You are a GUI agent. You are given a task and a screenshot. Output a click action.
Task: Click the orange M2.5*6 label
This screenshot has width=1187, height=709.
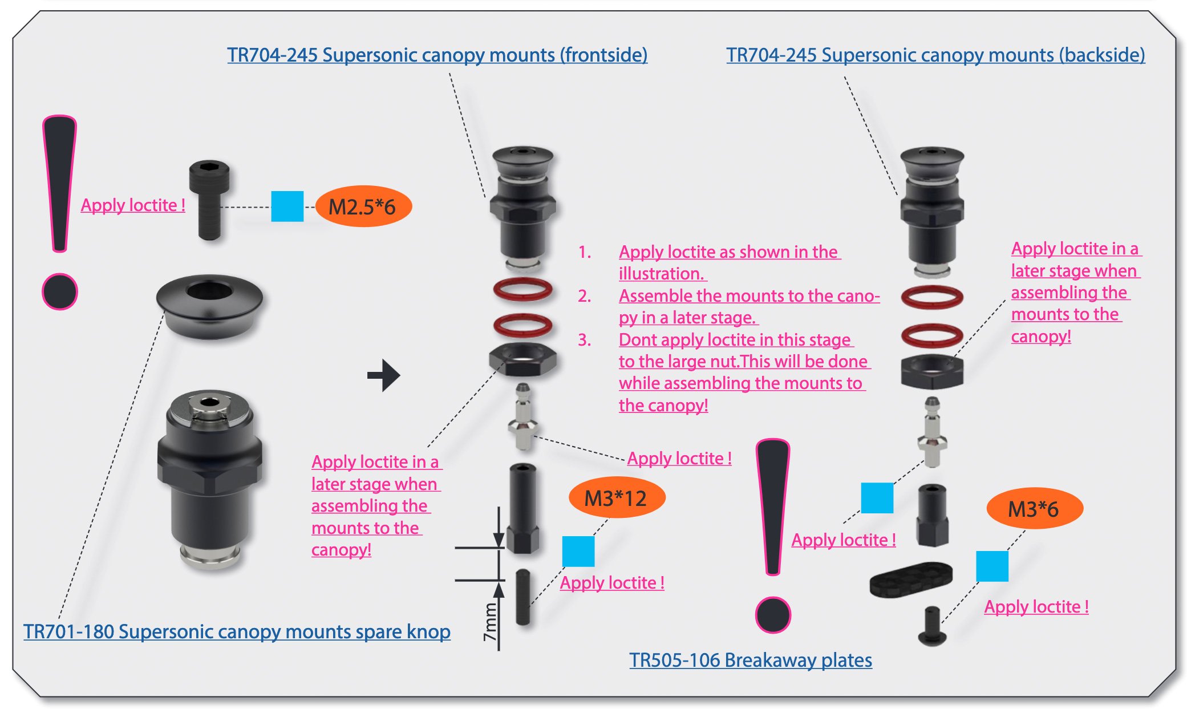point(363,206)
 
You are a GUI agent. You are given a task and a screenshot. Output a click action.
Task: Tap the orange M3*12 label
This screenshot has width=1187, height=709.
point(617,498)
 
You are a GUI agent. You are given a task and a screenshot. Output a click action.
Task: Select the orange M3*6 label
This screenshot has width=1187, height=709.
point(1034,509)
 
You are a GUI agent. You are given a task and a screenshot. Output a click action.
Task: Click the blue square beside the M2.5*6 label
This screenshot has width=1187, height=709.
point(287,206)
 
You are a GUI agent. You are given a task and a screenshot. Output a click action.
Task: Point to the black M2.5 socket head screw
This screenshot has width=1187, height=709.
point(209,200)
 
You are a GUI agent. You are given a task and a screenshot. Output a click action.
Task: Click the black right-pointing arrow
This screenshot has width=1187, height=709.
point(384,375)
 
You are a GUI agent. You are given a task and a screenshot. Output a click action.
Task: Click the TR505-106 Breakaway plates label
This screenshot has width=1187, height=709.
point(751,660)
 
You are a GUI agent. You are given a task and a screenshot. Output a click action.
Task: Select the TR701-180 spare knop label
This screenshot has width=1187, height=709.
point(237,631)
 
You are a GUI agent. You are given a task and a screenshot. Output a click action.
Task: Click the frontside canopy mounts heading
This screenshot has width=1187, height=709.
point(437,55)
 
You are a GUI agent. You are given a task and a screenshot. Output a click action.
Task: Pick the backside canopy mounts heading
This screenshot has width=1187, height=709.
point(935,55)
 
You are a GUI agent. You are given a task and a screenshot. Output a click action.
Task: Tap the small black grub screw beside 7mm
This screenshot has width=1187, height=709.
point(523,597)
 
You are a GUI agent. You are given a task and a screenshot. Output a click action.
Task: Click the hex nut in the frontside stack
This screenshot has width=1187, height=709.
point(522,360)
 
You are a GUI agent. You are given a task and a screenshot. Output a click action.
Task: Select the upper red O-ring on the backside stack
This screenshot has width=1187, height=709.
point(932,297)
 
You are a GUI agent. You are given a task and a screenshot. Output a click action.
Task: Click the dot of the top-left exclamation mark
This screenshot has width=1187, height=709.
point(60,291)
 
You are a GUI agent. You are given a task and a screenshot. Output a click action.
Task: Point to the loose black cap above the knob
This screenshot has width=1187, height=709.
point(209,306)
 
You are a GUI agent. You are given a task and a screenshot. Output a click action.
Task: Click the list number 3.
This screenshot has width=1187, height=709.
point(584,340)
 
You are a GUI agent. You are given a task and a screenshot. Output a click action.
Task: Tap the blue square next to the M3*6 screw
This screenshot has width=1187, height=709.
point(992,566)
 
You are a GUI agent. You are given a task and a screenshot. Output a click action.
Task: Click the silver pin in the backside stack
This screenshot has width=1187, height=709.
point(932,432)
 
